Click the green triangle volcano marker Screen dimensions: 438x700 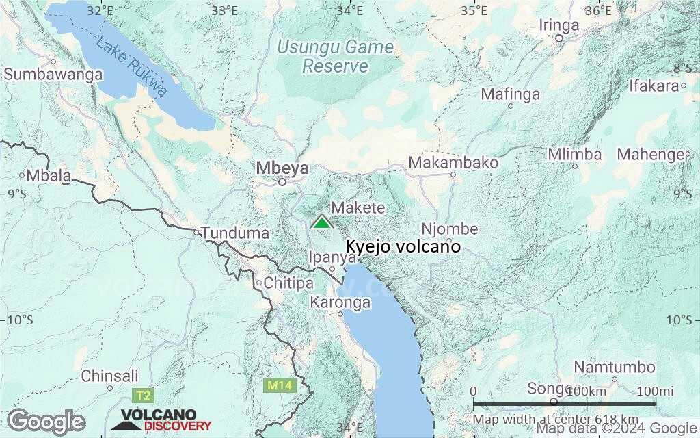[321, 222]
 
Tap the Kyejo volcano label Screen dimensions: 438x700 [403, 246]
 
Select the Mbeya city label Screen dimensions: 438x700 [282, 168]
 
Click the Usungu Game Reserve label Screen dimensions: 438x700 [336, 57]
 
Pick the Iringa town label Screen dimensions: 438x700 [558, 25]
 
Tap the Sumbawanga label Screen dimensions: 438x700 [53, 75]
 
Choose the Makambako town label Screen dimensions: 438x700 [453, 162]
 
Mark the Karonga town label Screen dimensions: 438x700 [340, 302]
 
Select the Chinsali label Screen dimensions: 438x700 [109, 376]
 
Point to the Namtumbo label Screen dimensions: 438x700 [613, 368]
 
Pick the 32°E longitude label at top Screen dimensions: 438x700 [100, 10]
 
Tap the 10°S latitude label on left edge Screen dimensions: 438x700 [20, 320]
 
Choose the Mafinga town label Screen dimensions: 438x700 [511, 94]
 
